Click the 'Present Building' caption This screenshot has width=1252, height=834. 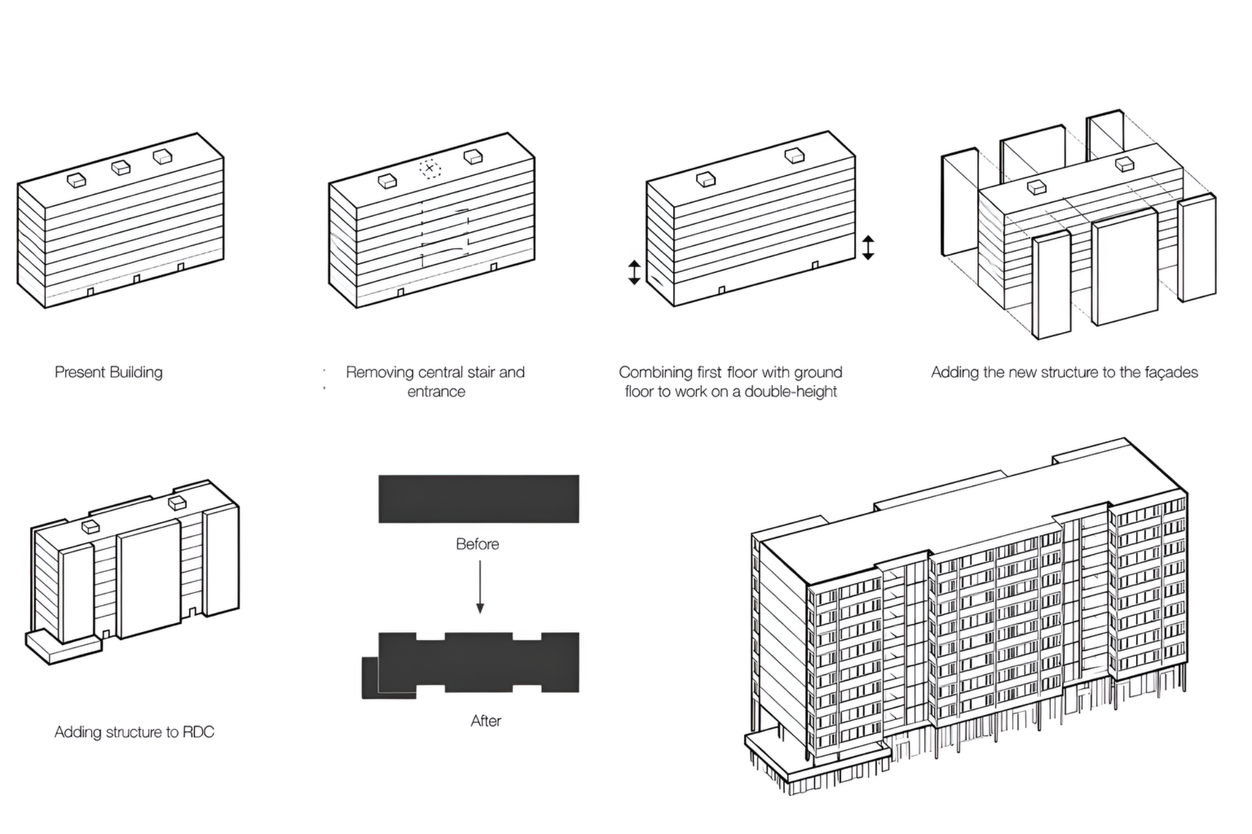point(108,372)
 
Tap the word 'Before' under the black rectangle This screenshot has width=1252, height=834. point(477,544)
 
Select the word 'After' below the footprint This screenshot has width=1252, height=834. point(486,721)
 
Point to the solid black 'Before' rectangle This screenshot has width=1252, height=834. point(478,499)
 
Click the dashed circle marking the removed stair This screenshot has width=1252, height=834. point(429,168)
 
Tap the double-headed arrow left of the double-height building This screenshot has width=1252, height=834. point(634,272)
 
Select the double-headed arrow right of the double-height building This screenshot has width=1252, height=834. point(868,247)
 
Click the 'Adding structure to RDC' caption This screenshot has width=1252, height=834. point(134,732)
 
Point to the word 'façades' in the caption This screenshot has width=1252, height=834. point(1171,372)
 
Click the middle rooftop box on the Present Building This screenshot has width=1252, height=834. point(121,167)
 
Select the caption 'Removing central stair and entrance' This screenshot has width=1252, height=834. point(436,382)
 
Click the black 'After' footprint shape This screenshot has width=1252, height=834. point(478,663)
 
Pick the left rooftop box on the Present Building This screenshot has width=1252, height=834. point(76,180)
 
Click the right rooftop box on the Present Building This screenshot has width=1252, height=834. point(163,156)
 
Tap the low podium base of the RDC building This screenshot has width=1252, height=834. point(63,649)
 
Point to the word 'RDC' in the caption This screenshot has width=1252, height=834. point(198,732)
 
